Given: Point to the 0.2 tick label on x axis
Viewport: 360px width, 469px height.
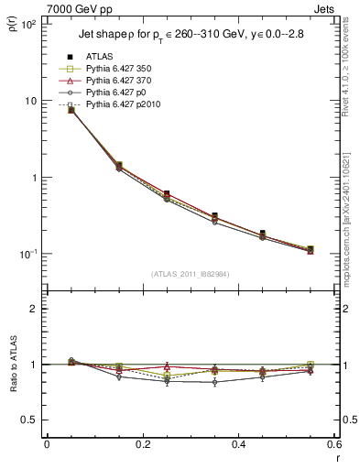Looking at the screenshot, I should (142, 444).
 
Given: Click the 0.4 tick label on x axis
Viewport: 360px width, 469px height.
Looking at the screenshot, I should (238, 444).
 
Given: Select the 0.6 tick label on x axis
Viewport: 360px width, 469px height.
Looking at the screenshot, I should (333, 444).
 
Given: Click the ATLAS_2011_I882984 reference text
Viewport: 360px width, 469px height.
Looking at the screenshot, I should (190, 275).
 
